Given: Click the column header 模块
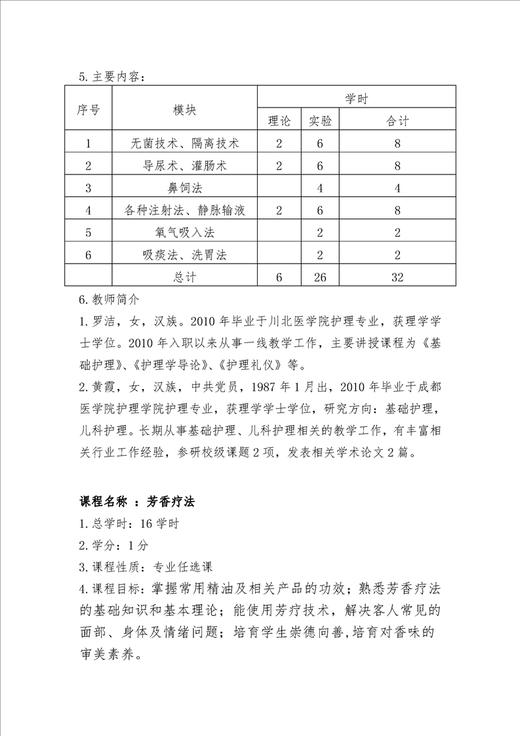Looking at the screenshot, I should point(184,110).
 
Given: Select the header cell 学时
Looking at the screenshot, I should point(356,98).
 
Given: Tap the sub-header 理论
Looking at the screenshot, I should point(279,121).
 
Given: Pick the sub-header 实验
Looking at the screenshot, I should point(320,121).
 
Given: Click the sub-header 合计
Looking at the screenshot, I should point(397,121).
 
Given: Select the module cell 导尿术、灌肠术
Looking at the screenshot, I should point(184,165).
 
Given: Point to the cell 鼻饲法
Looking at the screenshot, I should point(184,188).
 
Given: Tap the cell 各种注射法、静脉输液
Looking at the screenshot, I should point(184,210).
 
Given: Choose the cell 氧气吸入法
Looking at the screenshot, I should point(184,232).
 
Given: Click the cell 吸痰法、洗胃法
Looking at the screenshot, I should point(184,255).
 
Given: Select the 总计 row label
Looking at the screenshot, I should point(184,277).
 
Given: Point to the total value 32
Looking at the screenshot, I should point(397,277).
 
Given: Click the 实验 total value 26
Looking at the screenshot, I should point(320,277).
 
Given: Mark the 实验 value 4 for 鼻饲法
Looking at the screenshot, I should point(320,188).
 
